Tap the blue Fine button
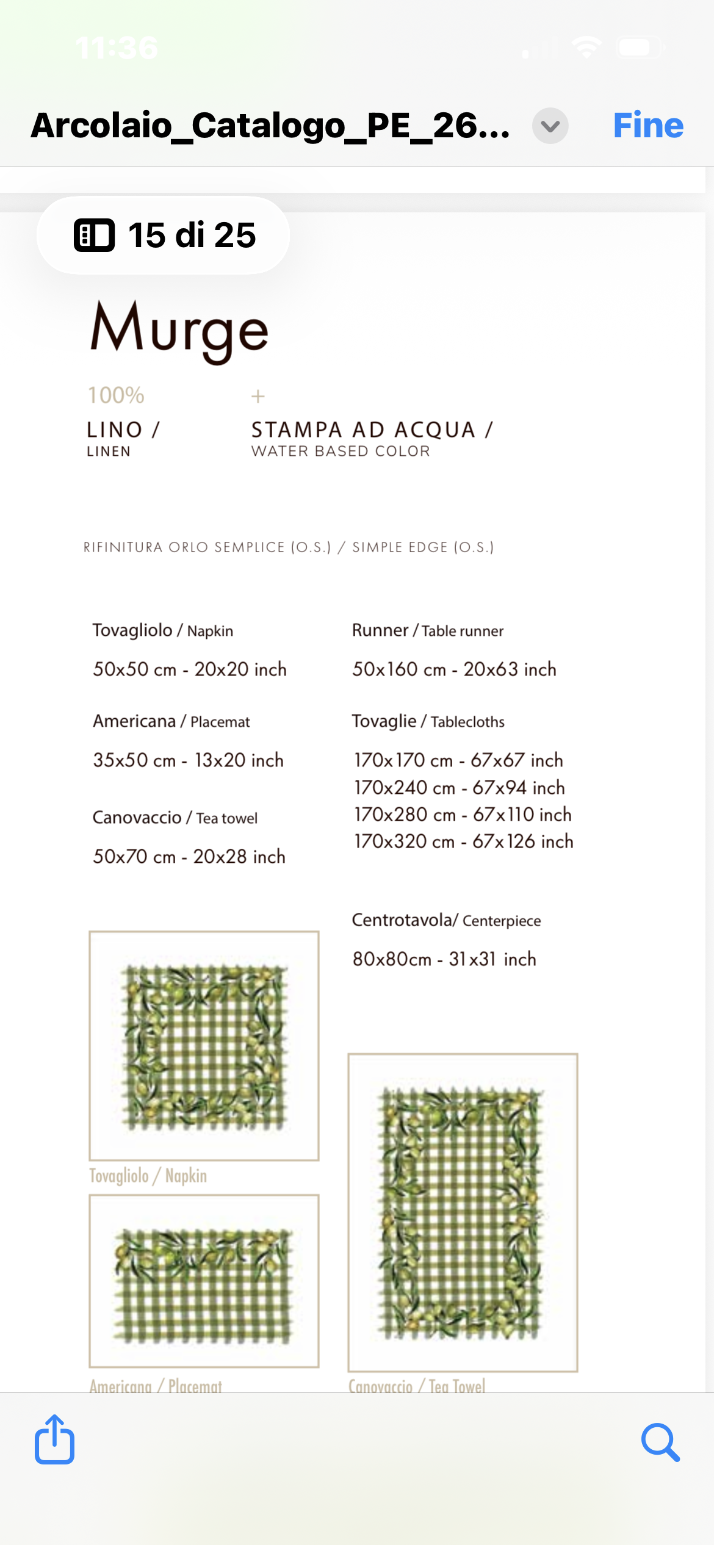click(647, 126)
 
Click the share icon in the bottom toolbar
click(55, 1439)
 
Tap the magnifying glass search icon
click(660, 1442)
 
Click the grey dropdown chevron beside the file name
click(550, 126)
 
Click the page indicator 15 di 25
click(164, 236)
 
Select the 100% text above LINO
click(116, 395)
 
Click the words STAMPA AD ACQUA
click(364, 430)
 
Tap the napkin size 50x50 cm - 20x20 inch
click(189, 669)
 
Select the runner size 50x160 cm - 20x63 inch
click(454, 669)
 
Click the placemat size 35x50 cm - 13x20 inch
click(188, 760)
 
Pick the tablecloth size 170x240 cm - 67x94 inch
click(460, 788)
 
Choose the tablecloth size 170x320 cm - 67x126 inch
click(464, 841)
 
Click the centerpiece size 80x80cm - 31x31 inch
click(444, 959)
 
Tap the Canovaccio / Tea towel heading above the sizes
click(175, 818)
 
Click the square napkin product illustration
click(204, 1046)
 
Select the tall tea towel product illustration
click(463, 1212)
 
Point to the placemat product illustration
click(204, 1281)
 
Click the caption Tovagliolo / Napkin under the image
click(148, 1176)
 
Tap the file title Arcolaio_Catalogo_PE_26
click(270, 126)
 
